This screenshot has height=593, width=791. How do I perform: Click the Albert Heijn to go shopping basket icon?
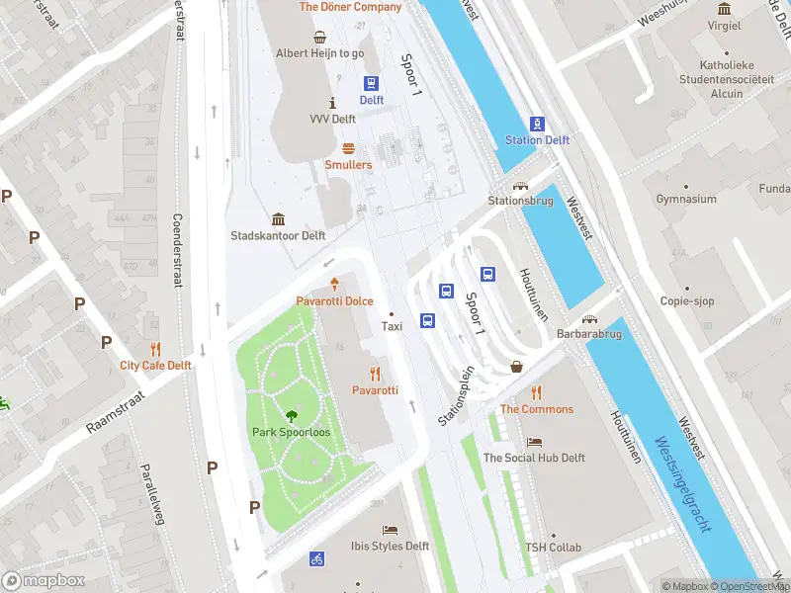pyautogui.click(x=319, y=38)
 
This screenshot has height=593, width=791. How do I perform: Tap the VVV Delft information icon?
pyautogui.click(x=332, y=103)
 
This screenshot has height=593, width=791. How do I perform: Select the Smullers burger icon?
pyautogui.click(x=348, y=148)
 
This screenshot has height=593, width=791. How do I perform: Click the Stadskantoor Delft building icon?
pyautogui.click(x=278, y=219)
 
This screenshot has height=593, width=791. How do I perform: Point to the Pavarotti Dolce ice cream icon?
pyautogui.click(x=334, y=284)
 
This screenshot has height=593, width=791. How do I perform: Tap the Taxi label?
pyautogui.click(x=393, y=325)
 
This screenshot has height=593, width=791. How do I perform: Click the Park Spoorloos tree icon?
pyautogui.click(x=292, y=416)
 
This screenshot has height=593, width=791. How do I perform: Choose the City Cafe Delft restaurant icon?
pyautogui.click(x=155, y=348)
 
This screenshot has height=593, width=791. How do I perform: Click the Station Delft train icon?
pyautogui.click(x=537, y=124)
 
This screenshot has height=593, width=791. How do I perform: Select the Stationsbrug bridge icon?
pyautogui.click(x=519, y=185)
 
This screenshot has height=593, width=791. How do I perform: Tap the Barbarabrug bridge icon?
pyautogui.click(x=590, y=319)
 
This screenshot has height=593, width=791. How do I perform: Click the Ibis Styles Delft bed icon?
pyautogui.click(x=390, y=530)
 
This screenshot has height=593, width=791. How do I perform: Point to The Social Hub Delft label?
pyautogui.click(x=534, y=458)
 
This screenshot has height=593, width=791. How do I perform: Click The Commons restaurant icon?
pyautogui.click(x=536, y=392)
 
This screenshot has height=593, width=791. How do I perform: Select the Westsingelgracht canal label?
pyautogui.click(x=682, y=485)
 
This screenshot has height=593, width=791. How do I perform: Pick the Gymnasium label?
pyautogui.click(x=685, y=200)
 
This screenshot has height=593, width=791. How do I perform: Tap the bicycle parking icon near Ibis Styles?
pyautogui.click(x=317, y=558)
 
